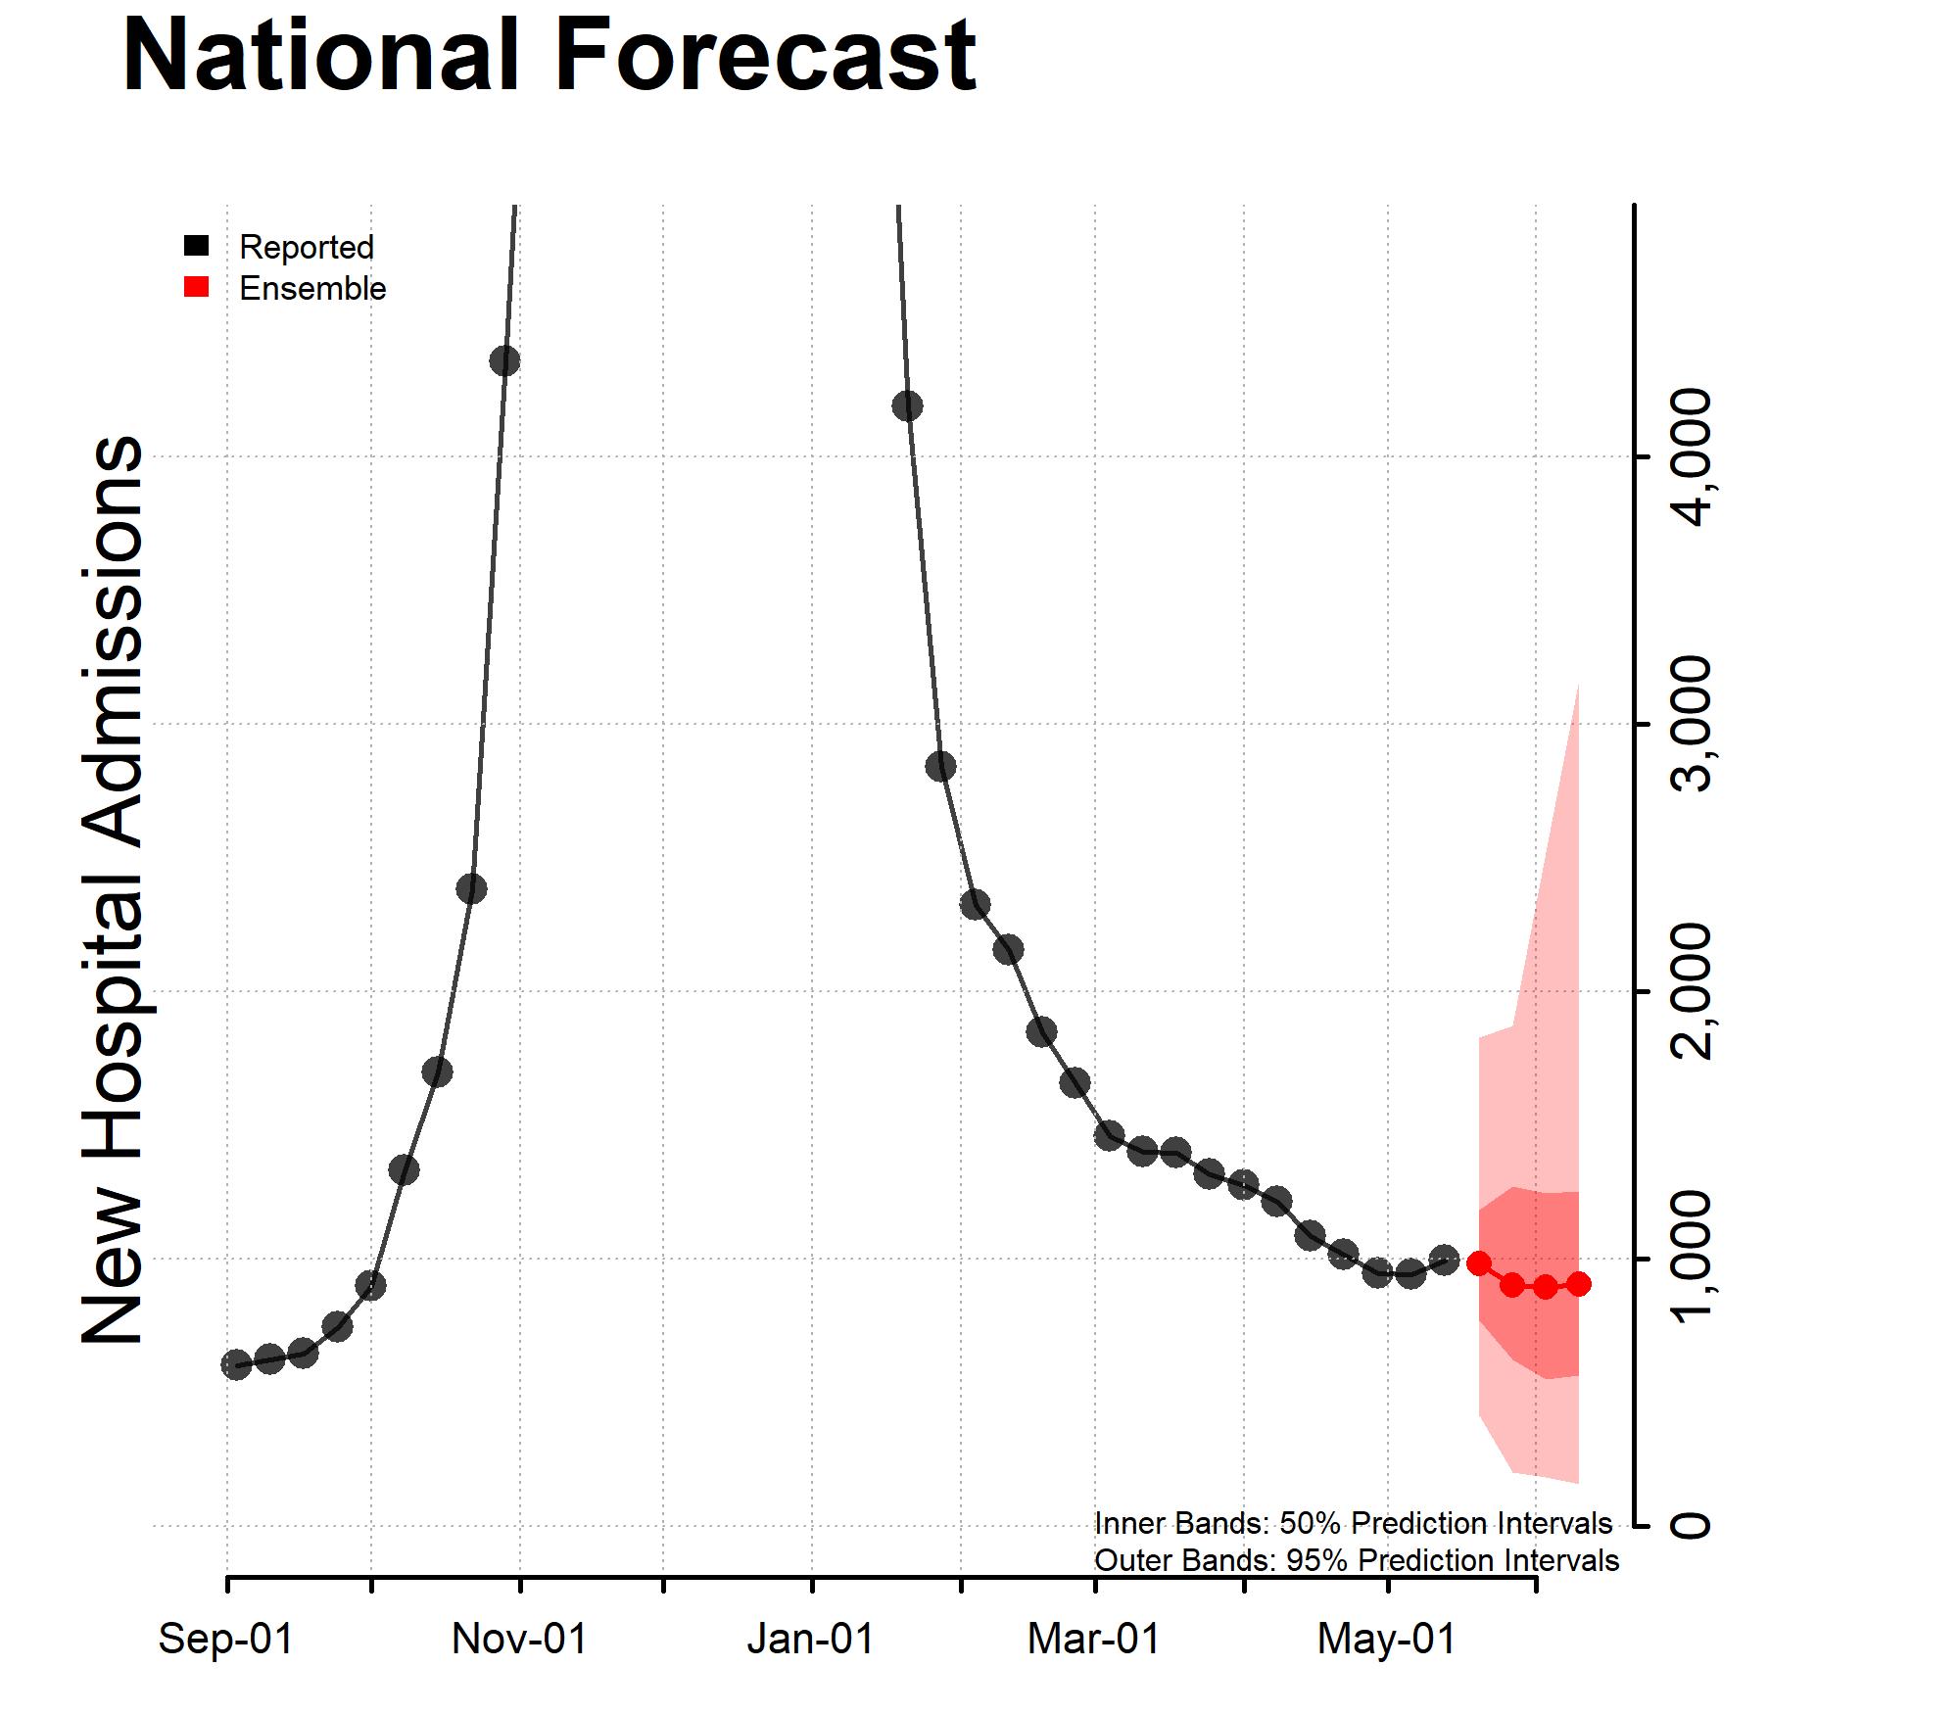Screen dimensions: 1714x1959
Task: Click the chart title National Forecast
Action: tap(549, 57)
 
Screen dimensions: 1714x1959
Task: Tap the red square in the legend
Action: tap(197, 287)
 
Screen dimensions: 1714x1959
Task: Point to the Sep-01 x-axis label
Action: tap(226, 1640)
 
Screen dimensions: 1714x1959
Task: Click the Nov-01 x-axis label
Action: tap(519, 1640)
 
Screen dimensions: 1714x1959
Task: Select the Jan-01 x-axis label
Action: tap(811, 1640)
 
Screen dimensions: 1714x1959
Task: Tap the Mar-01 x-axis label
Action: tap(1093, 1640)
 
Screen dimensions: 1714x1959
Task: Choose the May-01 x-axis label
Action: tap(1386, 1640)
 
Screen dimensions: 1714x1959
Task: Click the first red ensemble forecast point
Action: tap(1479, 1263)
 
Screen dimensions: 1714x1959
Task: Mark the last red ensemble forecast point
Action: tap(1578, 1284)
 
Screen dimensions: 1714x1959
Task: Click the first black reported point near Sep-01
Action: tap(236, 1364)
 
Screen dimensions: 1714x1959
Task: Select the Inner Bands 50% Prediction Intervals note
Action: tap(1353, 1524)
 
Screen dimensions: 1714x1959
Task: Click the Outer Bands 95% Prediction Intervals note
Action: tap(1356, 1560)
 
